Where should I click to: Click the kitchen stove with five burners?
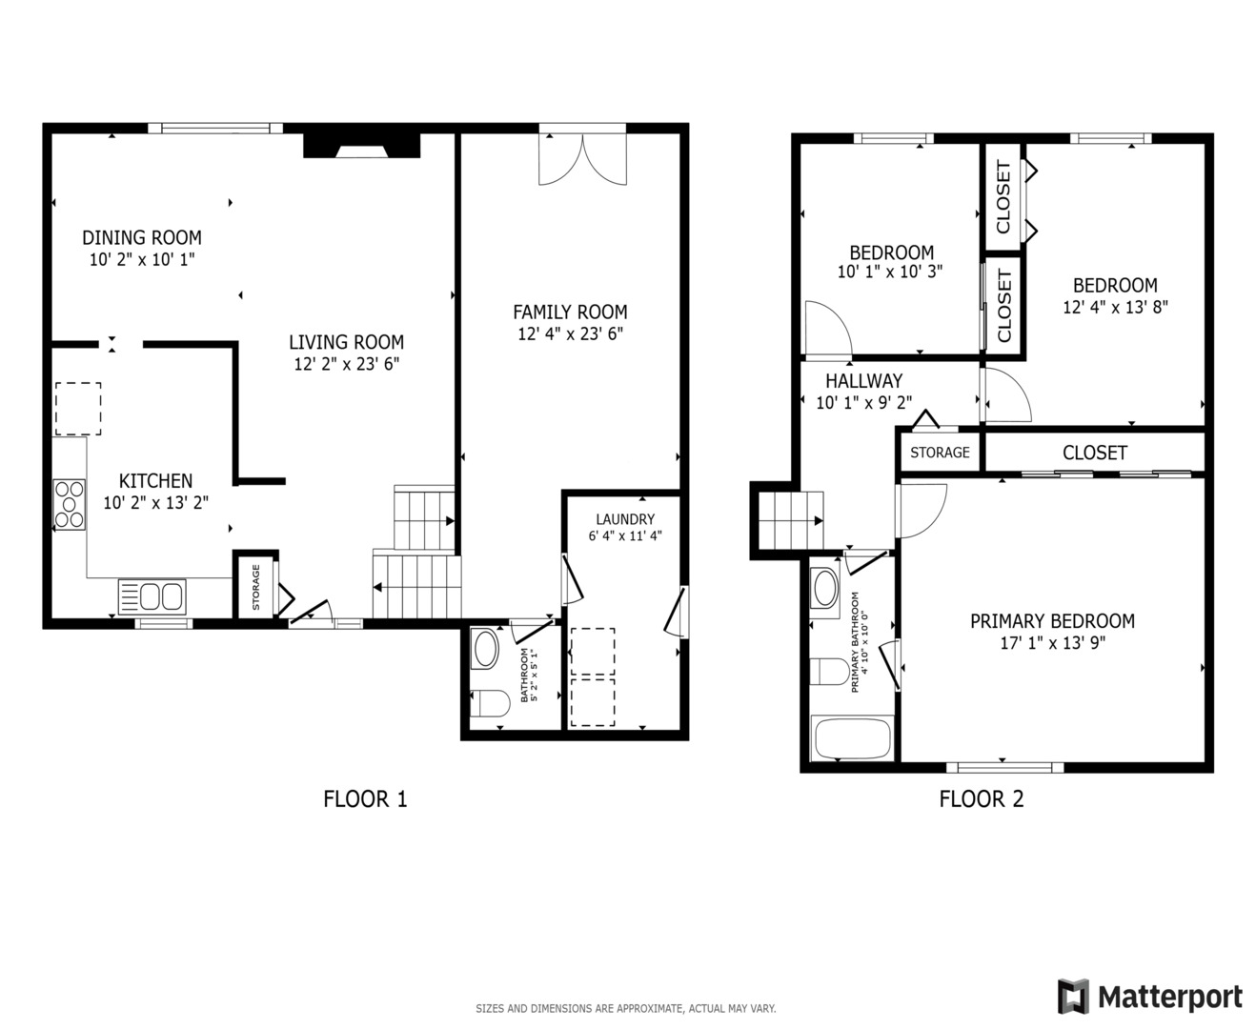coord(70,504)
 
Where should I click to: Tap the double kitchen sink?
coord(152,596)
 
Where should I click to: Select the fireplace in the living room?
coord(361,145)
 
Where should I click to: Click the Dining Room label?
coord(142,237)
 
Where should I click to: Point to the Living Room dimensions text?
coord(347,364)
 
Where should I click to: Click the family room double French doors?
coord(582,158)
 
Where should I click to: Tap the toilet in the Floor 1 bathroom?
coord(490,703)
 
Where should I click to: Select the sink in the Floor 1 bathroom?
coord(485,649)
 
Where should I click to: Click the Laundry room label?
coord(625,519)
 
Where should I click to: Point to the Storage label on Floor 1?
coord(256,587)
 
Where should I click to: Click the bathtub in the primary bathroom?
coord(852,738)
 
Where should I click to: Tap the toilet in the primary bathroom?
coord(830,671)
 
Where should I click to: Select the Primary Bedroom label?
coord(1052,621)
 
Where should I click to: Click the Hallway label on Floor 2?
coord(863,380)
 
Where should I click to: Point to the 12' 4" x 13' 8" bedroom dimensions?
coord(1116,307)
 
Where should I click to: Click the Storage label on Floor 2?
coord(940,453)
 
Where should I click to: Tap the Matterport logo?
coord(1150,997)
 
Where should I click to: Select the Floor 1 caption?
coord(365,798)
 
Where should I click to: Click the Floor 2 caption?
coord(982,798)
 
